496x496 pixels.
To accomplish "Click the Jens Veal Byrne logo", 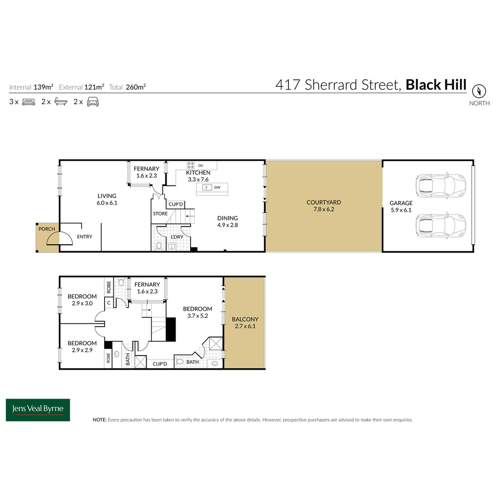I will click(38, 410).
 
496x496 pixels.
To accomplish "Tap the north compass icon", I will click(479, 90).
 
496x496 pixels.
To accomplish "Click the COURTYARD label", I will click(323, 202).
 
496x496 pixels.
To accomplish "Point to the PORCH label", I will click(47, 229).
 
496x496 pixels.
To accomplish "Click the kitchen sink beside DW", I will click(207, 187).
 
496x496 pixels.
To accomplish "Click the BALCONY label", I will click(245, 319).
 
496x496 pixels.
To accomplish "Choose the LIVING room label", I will click(107, 196).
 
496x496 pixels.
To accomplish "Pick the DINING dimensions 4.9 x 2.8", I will click(228, 225).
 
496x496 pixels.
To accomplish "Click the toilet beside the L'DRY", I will click(159, 247).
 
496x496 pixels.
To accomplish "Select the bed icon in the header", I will click(28, 102).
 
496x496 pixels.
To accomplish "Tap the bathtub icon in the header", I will click(61, 102).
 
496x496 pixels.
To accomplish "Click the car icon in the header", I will click(93, 102).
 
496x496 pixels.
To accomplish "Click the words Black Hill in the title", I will click(436, 85).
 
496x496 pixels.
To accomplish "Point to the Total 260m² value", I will click(138, 87).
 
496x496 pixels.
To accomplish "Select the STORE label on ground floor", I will click(160, 214).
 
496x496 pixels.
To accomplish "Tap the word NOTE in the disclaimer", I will click(100, 420).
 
